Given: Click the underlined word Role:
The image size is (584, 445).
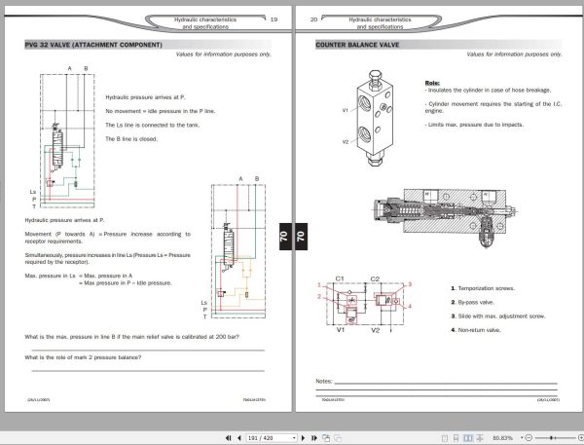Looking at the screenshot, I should click(x=434, y=83).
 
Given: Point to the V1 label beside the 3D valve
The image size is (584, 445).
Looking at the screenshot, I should click(x=346, y=110).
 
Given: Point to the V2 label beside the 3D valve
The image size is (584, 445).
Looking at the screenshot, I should click(x=346, y=142).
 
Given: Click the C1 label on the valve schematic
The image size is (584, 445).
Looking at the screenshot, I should click(x=340, y=278).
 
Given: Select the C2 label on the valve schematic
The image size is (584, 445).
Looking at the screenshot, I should click(x=376, y=278).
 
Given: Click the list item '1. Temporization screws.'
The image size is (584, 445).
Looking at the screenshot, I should click(x=486, y=288).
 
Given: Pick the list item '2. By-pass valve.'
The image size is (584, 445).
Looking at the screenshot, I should click(x=476, y=302).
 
